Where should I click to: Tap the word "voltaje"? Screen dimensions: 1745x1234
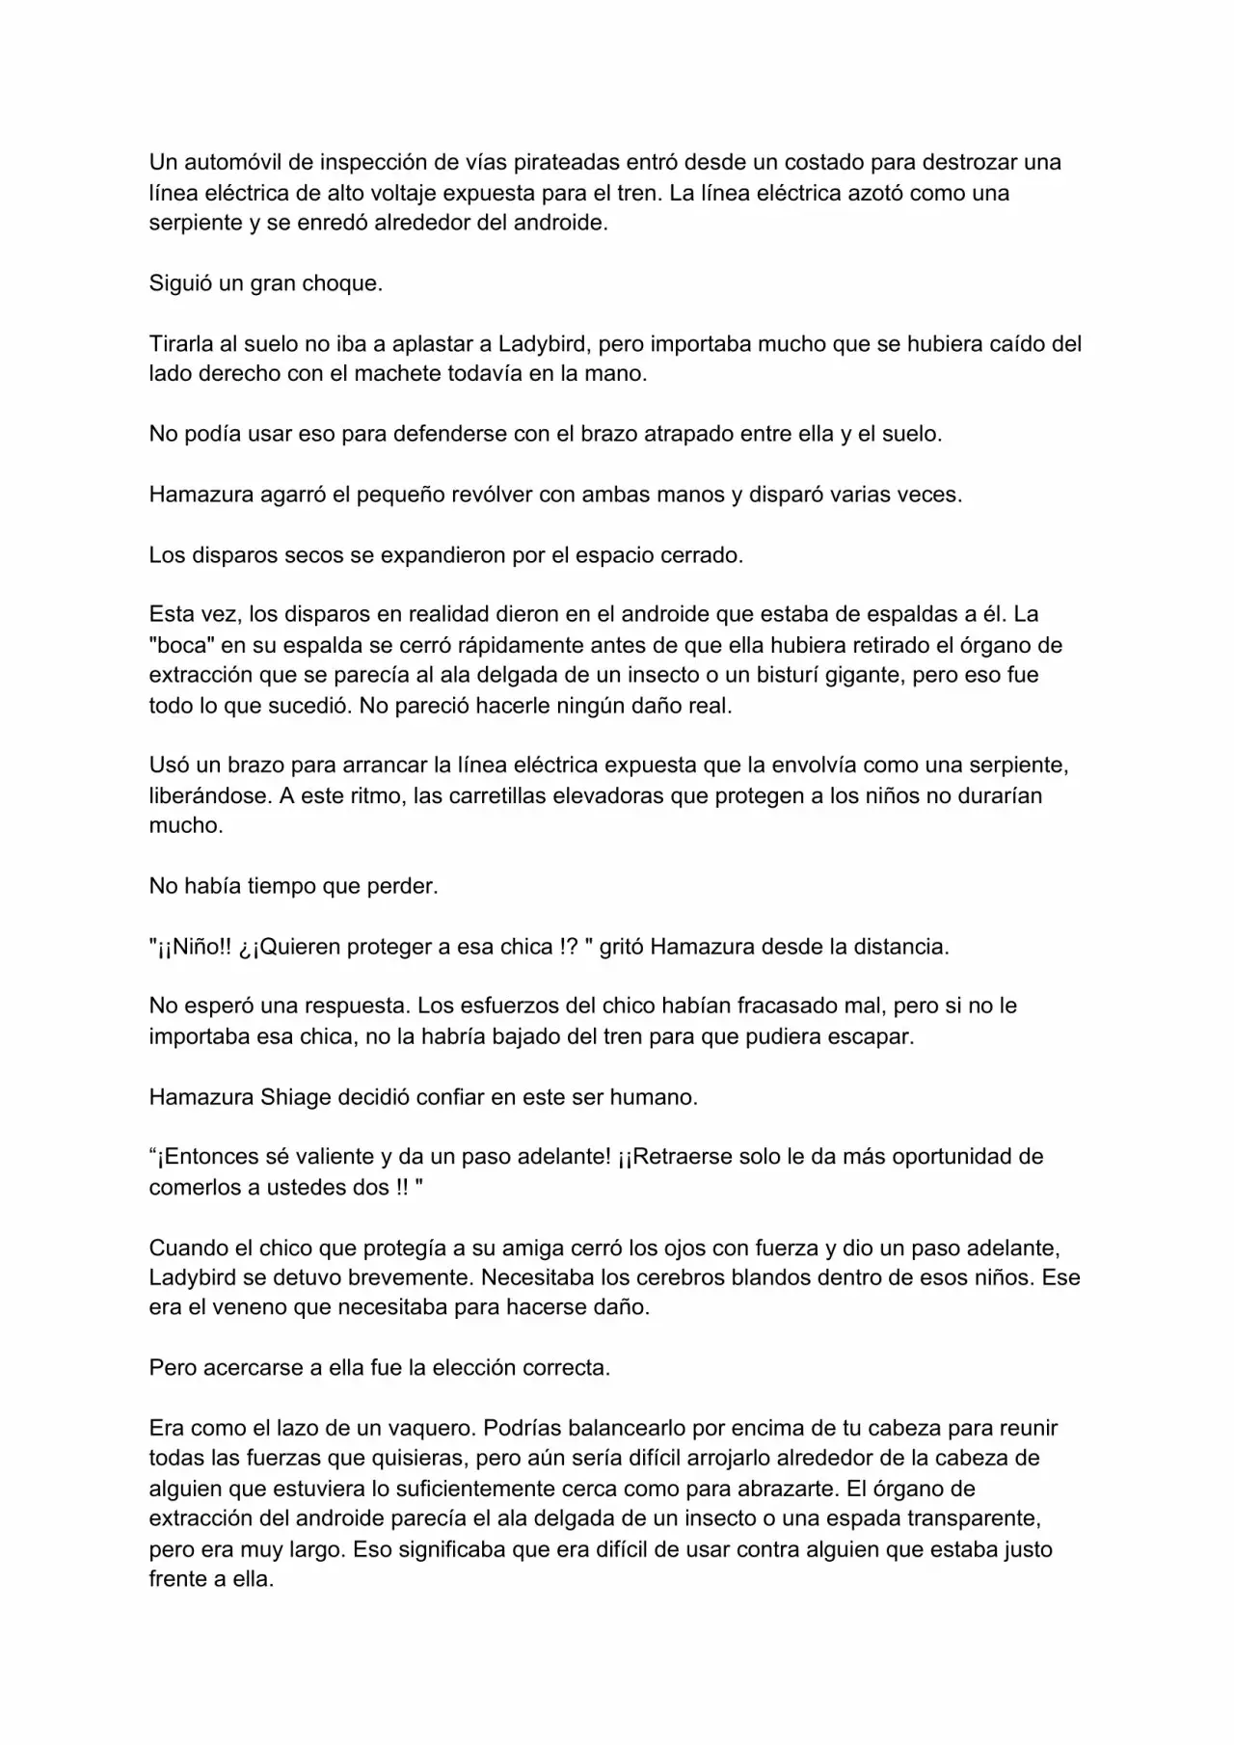405,193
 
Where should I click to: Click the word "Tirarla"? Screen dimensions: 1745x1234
180,344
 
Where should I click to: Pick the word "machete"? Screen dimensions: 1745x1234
394,374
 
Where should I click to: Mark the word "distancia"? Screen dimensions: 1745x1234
900,947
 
